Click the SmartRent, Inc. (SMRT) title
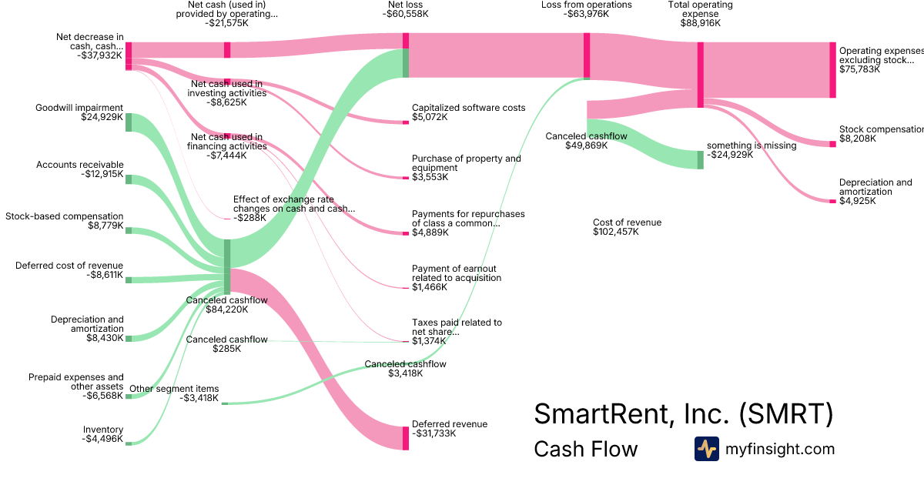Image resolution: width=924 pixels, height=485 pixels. click(683, 414)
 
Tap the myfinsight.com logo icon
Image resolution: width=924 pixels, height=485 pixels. click(706, 449)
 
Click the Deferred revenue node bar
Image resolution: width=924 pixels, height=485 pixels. click(406, 438)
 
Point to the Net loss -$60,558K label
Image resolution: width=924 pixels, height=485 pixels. click(405, 10)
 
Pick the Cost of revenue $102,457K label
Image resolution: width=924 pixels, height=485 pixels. click(627, 227)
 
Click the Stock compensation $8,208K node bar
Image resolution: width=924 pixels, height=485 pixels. click(832, 144)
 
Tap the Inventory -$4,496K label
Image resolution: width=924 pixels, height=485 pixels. click(103, 434)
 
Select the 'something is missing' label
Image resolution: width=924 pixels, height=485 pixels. click(752, 150)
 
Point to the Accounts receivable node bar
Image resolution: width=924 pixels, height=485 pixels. click(129, 179)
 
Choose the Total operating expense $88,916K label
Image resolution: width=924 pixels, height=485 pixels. click(701, 15)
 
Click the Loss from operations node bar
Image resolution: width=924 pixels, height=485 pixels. click(587, 55)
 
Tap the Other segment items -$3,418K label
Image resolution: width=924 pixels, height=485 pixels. click(174, 393)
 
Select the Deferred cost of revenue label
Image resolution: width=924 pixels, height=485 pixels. click(69, 270)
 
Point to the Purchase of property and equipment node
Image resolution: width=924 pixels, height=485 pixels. click(406, 178)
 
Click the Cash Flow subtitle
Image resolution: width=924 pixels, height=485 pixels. click(585, 449)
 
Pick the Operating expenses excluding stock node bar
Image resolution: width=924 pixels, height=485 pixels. click(832, 70)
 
